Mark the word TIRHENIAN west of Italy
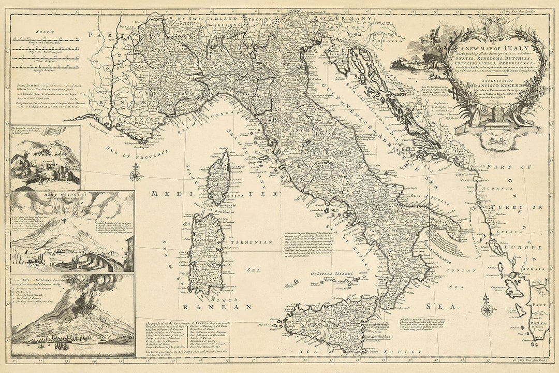[253, 242]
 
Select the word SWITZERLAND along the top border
[213, 18]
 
